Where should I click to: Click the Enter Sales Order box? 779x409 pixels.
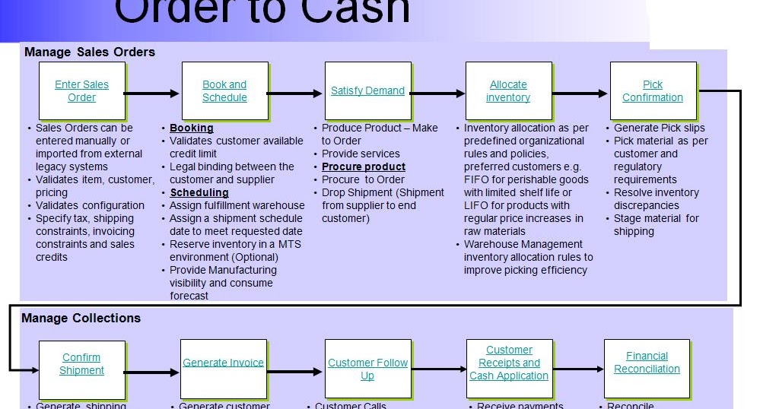pos(82,91)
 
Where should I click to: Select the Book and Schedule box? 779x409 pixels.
pos(224,91)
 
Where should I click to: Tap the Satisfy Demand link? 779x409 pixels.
pos(367,91)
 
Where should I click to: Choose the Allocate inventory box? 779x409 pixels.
pos(508,91)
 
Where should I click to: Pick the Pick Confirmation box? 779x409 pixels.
pos(653,91)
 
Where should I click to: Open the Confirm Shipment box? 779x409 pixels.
pos(82,364)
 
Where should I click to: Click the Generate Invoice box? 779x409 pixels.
pos(224,363)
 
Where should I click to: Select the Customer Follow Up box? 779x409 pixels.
pos(367,369)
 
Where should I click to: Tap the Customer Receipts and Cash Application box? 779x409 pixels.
pos(509,363)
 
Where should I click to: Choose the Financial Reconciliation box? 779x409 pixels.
pos(647,363)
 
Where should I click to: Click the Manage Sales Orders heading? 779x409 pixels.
pos(90,52)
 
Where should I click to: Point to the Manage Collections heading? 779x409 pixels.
pos(81,319)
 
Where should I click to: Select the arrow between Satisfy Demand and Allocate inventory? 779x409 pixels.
pos(437,94)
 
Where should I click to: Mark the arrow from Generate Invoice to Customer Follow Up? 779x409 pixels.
pos(295,373)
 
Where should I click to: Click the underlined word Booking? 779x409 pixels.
pos(192,128)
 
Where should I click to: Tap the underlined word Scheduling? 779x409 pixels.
pos(199,193)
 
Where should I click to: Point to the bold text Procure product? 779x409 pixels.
pos(364,167)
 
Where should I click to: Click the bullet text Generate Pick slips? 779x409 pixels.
pos(660,128)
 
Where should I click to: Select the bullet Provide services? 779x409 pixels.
pos(361,154)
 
